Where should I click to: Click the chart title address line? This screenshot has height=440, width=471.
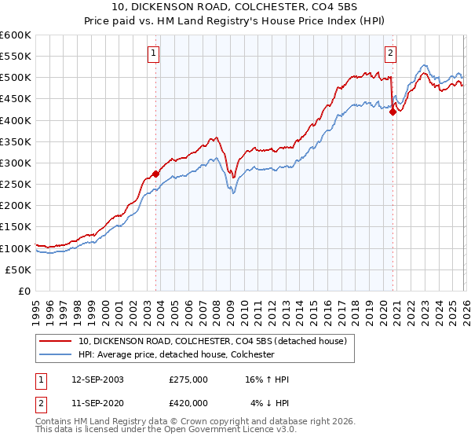coord(235,9)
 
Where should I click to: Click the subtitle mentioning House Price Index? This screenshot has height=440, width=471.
coord(235,22)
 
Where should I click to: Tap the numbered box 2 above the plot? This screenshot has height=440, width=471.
coord(390,53)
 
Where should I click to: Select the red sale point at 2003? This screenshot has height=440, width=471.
coord(155,174)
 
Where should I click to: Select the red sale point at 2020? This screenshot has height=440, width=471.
coord(392,112)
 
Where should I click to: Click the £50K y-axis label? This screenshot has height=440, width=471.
coord(18,269)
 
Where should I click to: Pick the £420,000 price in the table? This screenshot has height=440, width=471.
coord(188,402)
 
